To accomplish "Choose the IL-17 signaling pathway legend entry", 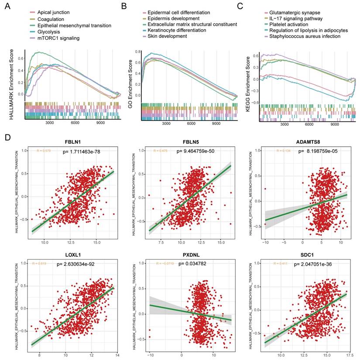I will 296,19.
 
